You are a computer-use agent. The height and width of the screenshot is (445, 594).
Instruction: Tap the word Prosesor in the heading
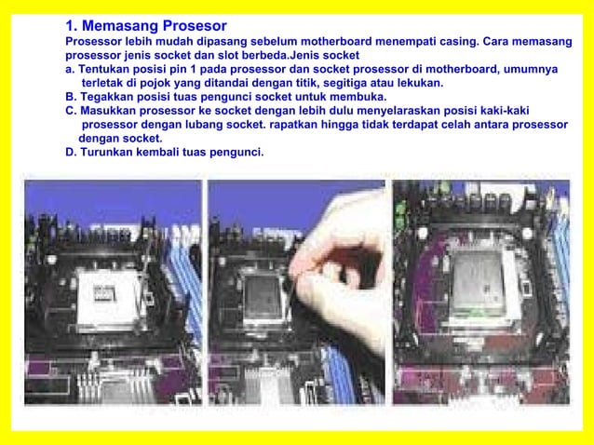pos(194,25)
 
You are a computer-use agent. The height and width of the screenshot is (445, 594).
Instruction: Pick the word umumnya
pos(526,69)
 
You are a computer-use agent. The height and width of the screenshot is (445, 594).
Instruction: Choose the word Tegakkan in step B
pos(107,96)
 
